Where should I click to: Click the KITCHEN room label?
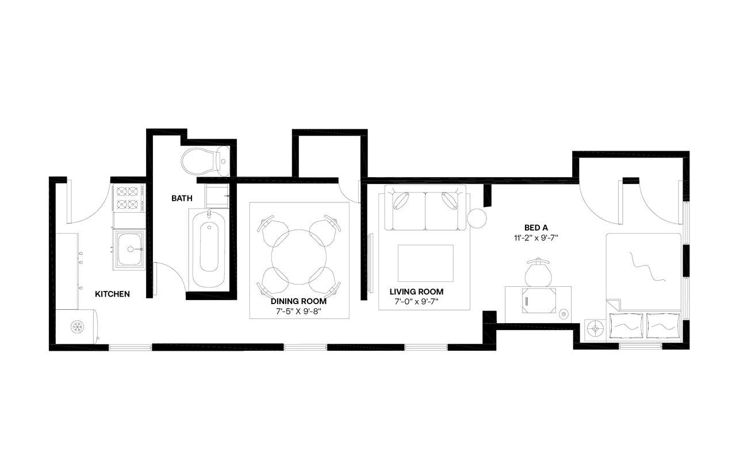click(112, 294)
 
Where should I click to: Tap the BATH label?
click(182, 198)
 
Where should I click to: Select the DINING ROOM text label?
click(298, 301)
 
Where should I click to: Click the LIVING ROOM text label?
click(416, 292)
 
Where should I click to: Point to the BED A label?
click(536, 227)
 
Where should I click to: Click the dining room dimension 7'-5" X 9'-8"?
click(298, 311)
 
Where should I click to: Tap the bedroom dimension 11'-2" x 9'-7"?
click(536, 237)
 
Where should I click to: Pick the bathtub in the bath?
click(209, 249)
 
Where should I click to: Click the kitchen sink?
click(129, 249)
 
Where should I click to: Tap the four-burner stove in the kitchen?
click(128, 198)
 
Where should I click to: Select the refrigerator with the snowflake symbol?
click(77, 327)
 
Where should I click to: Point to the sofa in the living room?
click(425, 209)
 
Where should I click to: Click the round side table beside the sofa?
click(477, 218)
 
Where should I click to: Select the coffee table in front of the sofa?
click(425, 263)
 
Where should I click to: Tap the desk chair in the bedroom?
click(539, 272)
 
